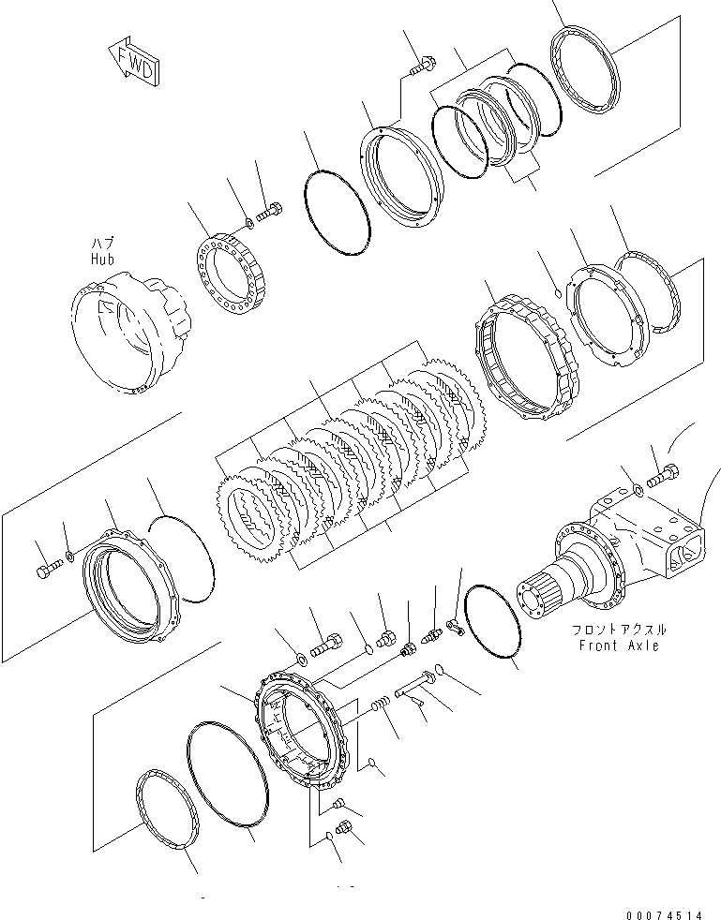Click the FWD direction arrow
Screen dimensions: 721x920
134,62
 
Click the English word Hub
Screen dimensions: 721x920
102,259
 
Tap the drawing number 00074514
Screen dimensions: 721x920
664,914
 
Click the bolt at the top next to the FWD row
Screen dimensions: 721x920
422,66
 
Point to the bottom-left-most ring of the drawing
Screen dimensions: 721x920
167,809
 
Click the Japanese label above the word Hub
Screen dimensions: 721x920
102,244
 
